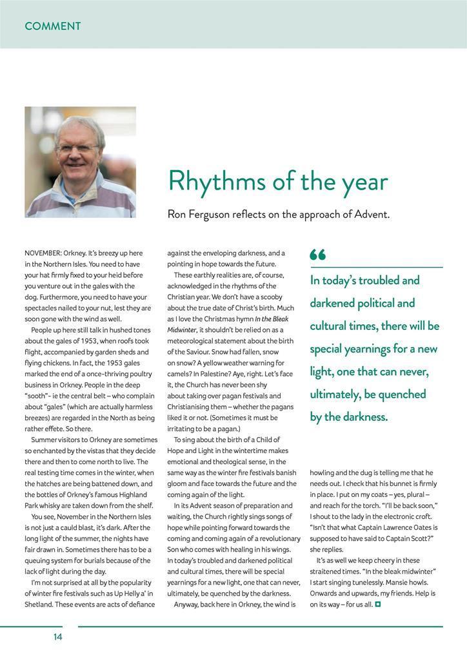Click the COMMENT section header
53,26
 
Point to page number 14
58,637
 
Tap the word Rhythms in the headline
215,182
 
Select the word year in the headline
364,183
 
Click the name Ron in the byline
178,214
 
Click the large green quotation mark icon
317,255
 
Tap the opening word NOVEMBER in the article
43,253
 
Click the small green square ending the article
378,604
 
